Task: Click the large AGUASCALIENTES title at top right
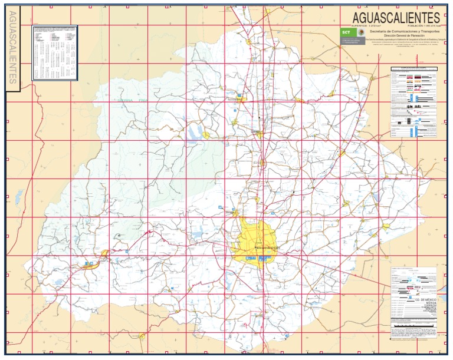[396, 17]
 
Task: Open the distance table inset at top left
[55, 52]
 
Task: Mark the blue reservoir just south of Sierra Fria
[193, 134]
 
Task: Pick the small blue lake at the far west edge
[19, 194]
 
